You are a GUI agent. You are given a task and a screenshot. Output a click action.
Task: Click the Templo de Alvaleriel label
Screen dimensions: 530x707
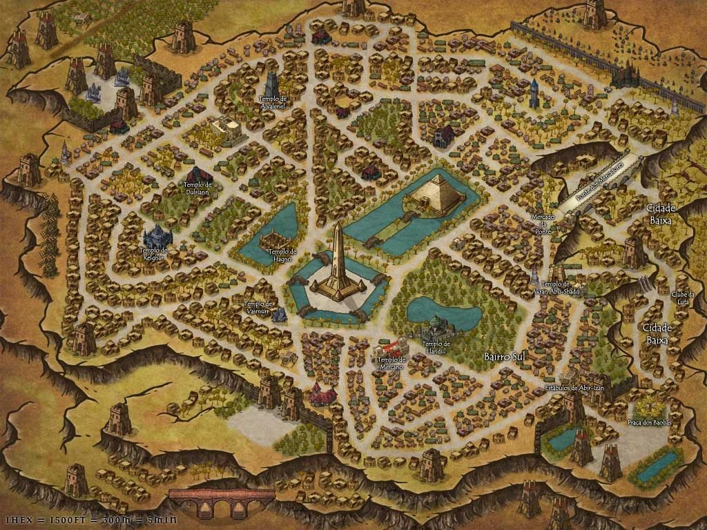pos(272,103)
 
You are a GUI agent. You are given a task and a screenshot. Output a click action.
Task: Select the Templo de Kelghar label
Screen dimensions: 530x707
pos(153,253)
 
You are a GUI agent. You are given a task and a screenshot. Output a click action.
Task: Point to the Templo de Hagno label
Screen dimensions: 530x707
pos(282,255)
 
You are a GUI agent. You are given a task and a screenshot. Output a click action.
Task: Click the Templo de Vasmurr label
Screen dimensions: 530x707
pos(260,307)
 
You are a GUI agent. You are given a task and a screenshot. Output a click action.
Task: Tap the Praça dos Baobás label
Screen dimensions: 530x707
pos(649,422)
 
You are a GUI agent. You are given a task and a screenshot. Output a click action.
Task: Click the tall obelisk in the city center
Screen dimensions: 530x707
pos(338,259)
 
